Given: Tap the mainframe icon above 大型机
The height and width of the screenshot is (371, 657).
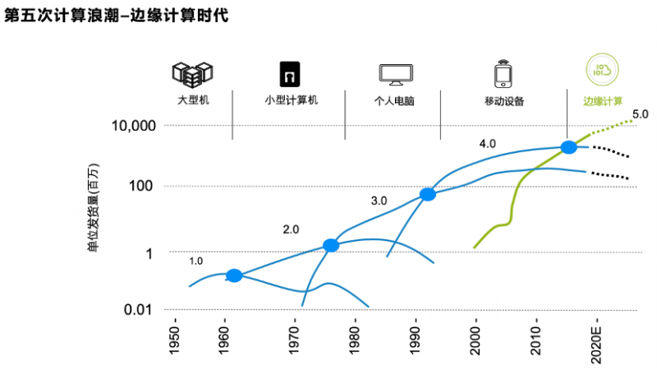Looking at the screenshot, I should point(187,74).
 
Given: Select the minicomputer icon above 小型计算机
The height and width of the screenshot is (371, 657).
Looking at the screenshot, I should point(290,74).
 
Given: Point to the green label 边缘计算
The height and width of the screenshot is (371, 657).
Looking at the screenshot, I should point(603,102).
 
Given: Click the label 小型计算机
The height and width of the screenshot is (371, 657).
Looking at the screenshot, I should point(291,101).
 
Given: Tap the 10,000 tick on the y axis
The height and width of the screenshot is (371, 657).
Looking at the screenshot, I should point(132,126).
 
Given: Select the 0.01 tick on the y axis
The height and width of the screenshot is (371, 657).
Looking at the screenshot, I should point(139,309).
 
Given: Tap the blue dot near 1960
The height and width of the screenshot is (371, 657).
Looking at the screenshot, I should point(234,276).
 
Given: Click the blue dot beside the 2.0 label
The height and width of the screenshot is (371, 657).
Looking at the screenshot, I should point(331,245).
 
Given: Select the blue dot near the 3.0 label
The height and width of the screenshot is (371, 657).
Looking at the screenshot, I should point(428,195).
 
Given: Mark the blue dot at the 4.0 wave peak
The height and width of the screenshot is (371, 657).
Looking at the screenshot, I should point(568,147).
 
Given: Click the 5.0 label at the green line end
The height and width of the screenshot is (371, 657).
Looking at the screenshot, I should point(641,114).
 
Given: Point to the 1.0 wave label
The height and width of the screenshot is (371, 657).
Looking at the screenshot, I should point(195,261).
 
